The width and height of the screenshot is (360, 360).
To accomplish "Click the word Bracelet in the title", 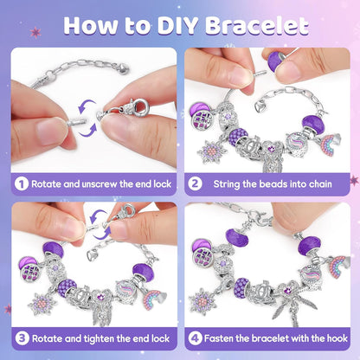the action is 257,25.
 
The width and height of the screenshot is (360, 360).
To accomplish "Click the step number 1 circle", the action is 22,183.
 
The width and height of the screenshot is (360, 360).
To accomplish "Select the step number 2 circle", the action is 195,183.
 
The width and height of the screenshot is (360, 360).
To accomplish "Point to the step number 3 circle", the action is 22,338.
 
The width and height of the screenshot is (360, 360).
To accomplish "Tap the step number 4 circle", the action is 196,338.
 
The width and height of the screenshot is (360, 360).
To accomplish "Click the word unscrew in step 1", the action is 100,184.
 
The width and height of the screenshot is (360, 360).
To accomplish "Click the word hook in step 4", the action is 337,338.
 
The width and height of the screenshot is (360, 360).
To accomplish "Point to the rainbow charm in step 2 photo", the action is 329,145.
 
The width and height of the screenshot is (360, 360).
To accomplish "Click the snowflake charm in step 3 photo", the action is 42,304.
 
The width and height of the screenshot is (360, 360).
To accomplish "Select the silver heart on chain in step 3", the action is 92,254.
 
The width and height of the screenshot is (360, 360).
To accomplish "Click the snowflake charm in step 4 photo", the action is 202,301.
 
